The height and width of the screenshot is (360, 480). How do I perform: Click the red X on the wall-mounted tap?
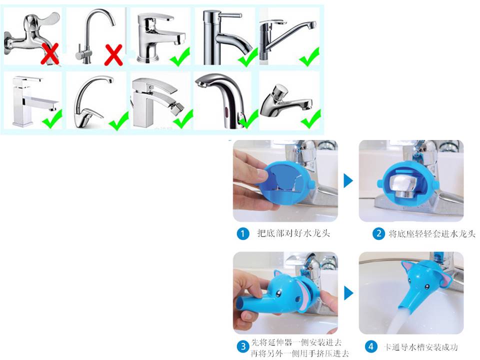(49, 54)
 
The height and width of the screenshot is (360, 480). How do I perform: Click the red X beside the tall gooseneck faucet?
(113, 55)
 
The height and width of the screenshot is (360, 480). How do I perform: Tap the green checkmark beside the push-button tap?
(310, 119)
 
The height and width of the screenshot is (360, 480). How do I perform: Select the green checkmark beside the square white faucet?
(52, 119)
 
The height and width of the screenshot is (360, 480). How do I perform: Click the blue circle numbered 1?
(243, 234)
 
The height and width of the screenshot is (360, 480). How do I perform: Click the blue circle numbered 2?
(378, 234)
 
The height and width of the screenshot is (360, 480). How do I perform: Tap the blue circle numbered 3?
(243, 346)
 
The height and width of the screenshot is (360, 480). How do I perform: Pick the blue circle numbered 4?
(370, 346)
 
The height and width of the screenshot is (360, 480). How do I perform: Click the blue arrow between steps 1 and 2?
(348, 180)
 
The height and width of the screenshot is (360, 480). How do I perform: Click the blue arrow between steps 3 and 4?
(348, 293)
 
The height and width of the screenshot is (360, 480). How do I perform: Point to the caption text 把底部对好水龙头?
(293, 233)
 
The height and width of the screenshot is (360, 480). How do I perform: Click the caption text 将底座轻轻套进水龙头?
(432, 234)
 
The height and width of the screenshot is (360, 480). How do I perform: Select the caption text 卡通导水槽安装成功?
(421, 347)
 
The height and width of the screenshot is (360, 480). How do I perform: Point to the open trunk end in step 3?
(239, 304)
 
